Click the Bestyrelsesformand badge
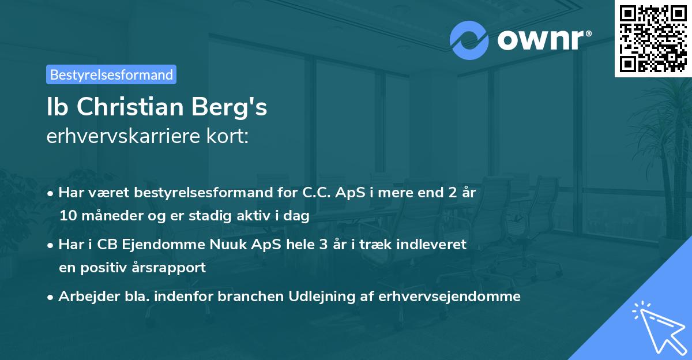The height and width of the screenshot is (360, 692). tap(111, 74)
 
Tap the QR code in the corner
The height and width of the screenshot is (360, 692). tap(653, 38)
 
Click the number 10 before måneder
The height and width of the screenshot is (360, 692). tap(67, 216)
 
